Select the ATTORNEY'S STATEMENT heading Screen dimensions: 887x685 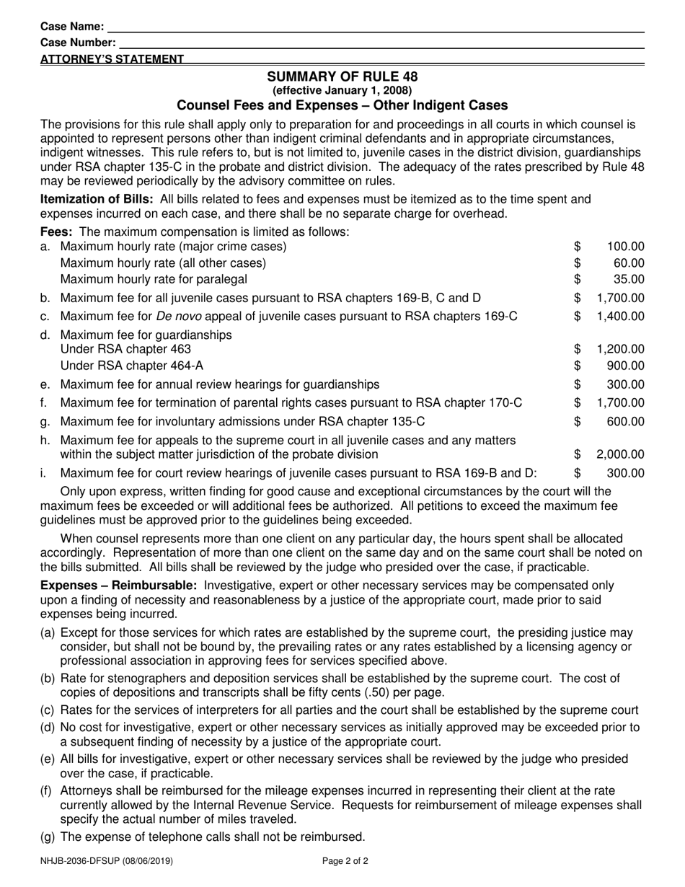click(112, 59)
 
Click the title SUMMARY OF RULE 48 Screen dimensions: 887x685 click(342, 76)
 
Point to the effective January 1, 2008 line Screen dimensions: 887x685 click(342, 90)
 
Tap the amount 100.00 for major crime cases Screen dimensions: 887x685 click(625, 247)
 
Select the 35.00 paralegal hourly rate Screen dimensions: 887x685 click(629, 279)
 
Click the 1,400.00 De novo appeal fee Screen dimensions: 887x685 click(620, 316)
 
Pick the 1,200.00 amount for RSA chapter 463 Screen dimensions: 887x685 click(620, 349)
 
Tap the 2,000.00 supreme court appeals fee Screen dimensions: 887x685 click(620, 454)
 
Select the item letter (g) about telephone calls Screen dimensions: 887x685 click(48, 837)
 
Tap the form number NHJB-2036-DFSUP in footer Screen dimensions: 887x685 click(81, 860)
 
